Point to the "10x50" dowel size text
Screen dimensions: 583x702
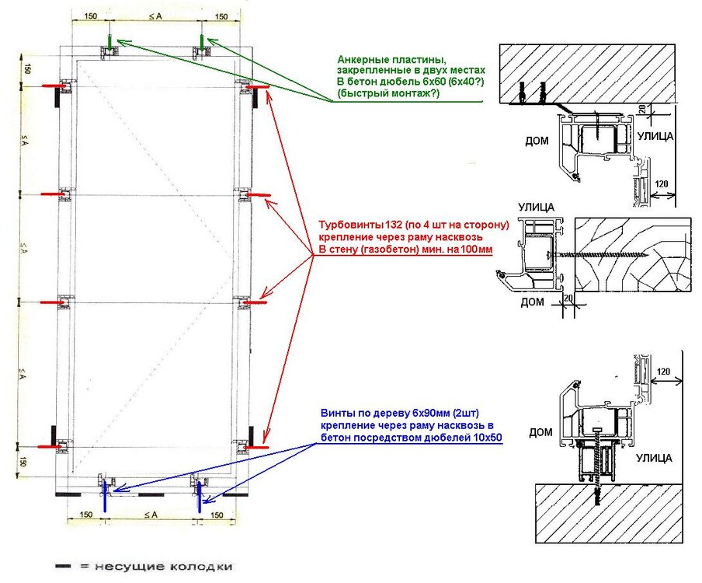(x=485, y=438)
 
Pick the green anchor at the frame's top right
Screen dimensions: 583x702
(x=202, y=42)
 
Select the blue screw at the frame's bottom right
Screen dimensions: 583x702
(x=200, y=495)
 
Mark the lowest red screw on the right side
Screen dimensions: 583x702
(x=254, y=449)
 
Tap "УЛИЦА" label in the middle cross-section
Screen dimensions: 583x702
(x=534, y=208)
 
